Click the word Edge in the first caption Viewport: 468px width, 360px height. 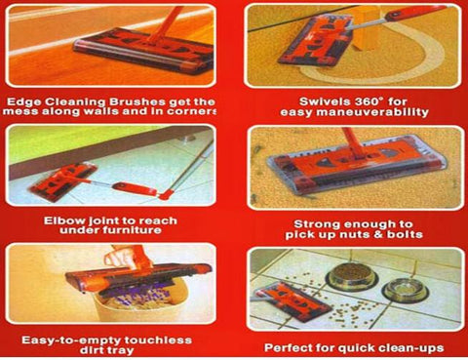click(x=23, y=101)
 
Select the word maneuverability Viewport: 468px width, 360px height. click(x=372, y=112)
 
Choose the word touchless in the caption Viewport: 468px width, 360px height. click(x=158, y=340)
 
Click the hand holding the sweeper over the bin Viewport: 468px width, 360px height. click(x=117, y=258)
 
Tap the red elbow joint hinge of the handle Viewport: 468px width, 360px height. click(x=166, y=195)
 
